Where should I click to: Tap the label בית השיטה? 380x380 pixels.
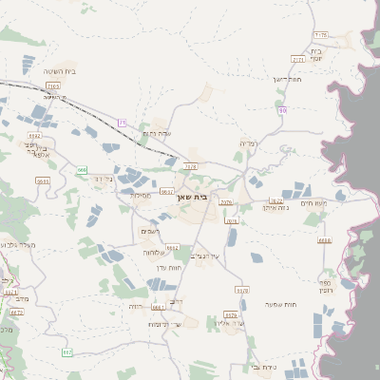[59, 71]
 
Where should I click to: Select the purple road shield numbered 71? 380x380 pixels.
[123, 123]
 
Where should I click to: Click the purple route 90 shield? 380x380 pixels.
[282, 111]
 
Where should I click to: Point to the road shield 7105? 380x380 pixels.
[53, 86]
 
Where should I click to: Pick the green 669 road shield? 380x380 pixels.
[82, 170]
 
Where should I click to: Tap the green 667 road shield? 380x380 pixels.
[67, 352]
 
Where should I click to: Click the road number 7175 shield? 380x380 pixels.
[320, 35]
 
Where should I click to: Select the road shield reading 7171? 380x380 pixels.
[297, 59]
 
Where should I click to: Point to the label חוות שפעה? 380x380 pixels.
[284, 304]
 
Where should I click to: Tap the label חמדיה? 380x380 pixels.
[249, 143]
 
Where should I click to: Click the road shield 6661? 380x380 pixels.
[158, 308]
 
